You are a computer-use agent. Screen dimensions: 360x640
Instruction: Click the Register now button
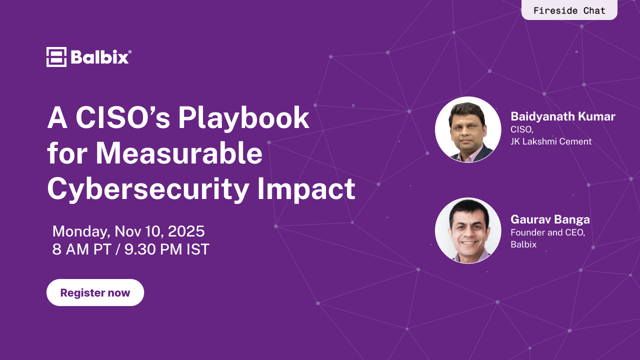pyautogui.click(x=95, y=292)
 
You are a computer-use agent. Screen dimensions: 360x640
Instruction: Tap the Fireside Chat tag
pyautogui.click(x=569, y=10)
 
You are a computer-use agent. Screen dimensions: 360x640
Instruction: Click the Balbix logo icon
pyautogui.click(x=56, y=57)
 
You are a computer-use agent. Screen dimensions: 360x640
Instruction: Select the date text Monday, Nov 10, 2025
pyautogui.click(x=128, y=231)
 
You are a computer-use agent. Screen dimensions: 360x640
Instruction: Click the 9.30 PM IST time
pyautogui.click(x=167, y=249)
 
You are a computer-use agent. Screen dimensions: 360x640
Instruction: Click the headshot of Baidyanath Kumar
pyautogui.click(x=468, y=129)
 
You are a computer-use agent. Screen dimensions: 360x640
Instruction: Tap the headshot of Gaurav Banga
pyautogui.click(x=468, y=230)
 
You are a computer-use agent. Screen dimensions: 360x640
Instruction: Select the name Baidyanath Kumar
pyautogui.click(x=562, y=117)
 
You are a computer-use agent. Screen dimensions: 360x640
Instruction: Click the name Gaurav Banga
pyautogui.click(x=550, y=219)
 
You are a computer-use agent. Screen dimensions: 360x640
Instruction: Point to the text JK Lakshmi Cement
pyautogui.click(x=551, y=141)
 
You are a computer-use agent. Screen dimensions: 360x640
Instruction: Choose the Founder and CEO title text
pyautogui.click(x=547, y=232)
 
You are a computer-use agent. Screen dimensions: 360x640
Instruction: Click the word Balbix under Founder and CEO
pyautogui.click(x=523, y=244)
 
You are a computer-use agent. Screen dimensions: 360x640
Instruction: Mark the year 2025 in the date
pyautogui.click(x=186, y=231)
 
